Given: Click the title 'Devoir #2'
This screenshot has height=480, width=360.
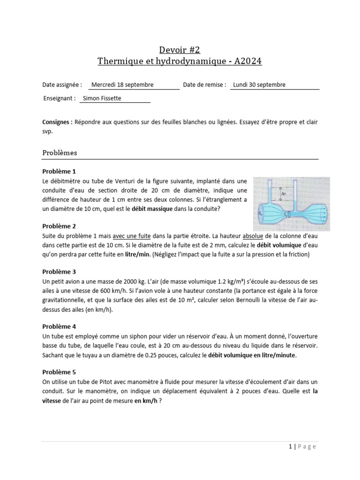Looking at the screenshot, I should [180, 50].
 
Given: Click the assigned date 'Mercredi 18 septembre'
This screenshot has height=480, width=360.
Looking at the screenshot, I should [122, 85].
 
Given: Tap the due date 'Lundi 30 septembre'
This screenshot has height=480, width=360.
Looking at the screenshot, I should [259, 85].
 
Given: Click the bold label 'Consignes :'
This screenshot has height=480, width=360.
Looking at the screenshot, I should [57, 122].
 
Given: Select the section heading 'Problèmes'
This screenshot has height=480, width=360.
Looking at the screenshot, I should [60, 153].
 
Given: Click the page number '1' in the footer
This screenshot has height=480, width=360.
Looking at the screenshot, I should [291, 447].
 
